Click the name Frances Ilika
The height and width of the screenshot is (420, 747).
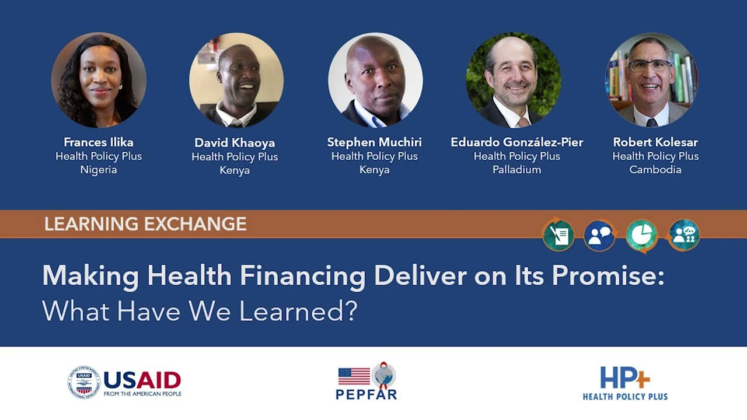pyautogui.click(x=99, y=142)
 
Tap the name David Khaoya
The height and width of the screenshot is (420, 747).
pyautogui.click(x=235, y=143)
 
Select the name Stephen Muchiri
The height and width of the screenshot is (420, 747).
pyautogui.click(x=374, y=142)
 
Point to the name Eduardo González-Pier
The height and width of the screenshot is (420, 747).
pyautogui.click(x=516, y=142)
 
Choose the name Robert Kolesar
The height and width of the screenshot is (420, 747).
pyautogui.click(x=655, y=142)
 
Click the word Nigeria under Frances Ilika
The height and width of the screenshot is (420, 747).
pyautogui.click(x=99, y=170)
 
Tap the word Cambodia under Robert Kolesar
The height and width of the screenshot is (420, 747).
pyautogui.click(x=655, y=170)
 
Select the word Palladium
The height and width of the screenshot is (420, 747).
pyautogui.click(x=516, y=170)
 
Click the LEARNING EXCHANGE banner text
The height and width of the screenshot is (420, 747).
pyautogui.click(x=145, y=224)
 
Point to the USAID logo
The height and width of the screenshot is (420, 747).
pyautogui.click(x=124, y=383)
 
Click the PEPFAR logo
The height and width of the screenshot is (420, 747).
pyautogui.click(x=366, y=382)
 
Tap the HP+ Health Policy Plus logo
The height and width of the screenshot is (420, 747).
pyautogui.click(x=625, y=383)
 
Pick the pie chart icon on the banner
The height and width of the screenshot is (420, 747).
pyautogui.click(x=641, y=236)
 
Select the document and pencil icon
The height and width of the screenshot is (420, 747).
pyautogui.click(x=558, y=236)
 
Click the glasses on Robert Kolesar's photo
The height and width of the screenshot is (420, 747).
pyautogui.click(x=650, y=65)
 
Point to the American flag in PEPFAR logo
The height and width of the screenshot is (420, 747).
pyautogui.click(x=354, y=376)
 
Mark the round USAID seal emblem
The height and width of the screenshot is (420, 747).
pyautogui.click(x=84, y=383)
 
